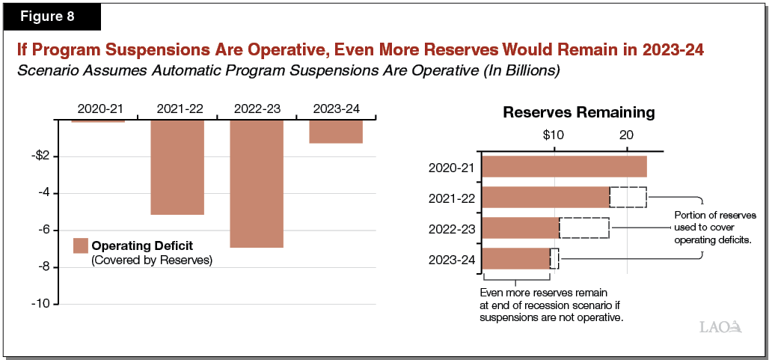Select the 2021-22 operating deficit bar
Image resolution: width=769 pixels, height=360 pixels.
coord(177,167)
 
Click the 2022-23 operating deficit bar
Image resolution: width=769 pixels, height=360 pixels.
coord(257,183)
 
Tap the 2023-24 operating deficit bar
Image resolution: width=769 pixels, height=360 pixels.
coord(336,131)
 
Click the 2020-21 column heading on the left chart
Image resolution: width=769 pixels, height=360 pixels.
coord(97,109)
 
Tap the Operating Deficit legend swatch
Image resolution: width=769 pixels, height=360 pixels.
coord(81,245)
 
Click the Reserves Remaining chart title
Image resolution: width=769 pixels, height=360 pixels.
coord(578,113)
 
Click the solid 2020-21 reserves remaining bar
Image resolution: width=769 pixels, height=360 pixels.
coord(563,166)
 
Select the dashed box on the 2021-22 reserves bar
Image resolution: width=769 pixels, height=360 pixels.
coord(628,197)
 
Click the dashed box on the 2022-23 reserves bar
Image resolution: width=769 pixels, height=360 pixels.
coord(583,228)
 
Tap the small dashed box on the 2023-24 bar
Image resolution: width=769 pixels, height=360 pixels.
coord(554,258)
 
